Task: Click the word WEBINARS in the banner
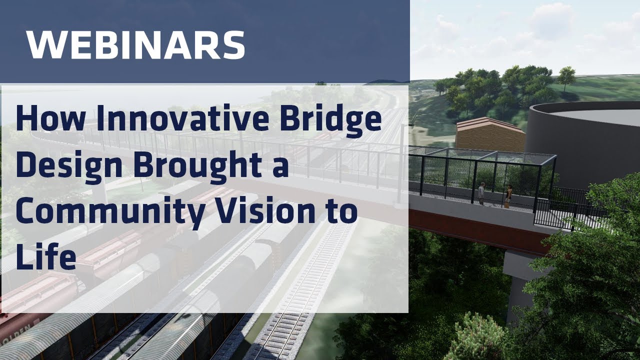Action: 135,44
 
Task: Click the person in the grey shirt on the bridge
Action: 481,193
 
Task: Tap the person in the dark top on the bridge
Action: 508,195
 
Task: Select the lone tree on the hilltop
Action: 566,77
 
